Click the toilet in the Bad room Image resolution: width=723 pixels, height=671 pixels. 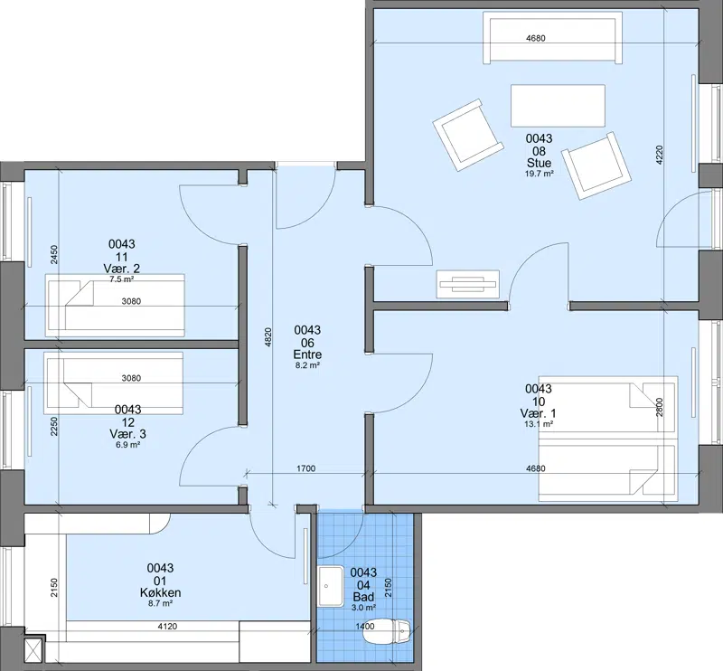[387, 632]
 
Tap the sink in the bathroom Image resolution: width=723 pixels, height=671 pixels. [331, 586]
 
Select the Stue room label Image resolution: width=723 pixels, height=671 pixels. [539, 164]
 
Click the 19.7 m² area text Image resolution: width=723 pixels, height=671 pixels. [539, 174]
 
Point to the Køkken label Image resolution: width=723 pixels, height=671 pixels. [161, 592]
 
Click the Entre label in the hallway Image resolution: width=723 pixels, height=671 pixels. [307, 354]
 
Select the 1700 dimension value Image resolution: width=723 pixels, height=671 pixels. [305, 468]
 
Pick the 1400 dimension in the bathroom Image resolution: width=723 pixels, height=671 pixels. [365, 626]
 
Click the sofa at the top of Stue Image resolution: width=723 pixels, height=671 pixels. [552, 37]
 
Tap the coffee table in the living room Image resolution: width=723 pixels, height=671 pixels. [558, 106]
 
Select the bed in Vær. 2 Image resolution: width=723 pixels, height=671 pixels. [116, 305]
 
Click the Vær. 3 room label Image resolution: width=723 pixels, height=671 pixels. [127, 434]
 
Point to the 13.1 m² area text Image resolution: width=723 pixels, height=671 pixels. [539, 424]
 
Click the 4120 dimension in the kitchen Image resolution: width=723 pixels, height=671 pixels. [167, 626]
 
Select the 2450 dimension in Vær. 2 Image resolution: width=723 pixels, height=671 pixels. [54, 255]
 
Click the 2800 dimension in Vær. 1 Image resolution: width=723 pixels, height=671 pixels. [659, 408]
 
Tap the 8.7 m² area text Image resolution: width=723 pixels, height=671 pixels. [161, 602]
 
